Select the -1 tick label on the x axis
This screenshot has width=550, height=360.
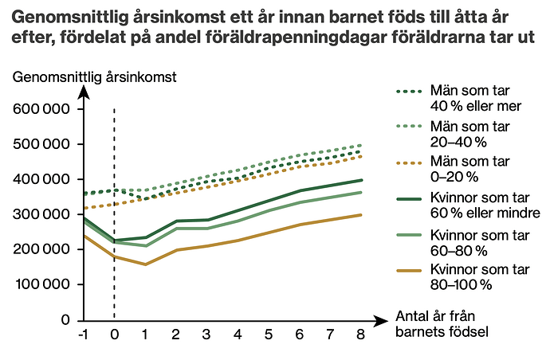(82, 335)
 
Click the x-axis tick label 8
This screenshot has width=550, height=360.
(360, 335)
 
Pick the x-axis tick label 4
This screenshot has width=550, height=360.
(237, 335)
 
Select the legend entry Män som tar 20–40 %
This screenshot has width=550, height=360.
(463, 134)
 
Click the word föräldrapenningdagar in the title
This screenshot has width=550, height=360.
(318, 37)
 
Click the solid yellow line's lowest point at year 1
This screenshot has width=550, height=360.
(145, 264)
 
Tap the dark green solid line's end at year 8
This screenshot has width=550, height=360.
(360, 180)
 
